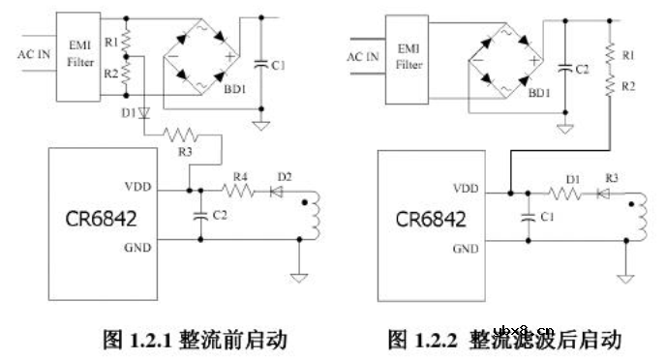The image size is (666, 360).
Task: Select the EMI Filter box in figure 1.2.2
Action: tap(407, 57)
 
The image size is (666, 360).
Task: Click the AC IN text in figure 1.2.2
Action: tap(365, 55)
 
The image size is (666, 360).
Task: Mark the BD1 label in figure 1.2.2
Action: tap(539, 94)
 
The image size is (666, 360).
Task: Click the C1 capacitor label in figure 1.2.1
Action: tap(279, 65)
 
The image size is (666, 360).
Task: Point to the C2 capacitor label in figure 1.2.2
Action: tap(582, 70)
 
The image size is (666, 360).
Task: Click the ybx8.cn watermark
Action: tap(524, 328)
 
